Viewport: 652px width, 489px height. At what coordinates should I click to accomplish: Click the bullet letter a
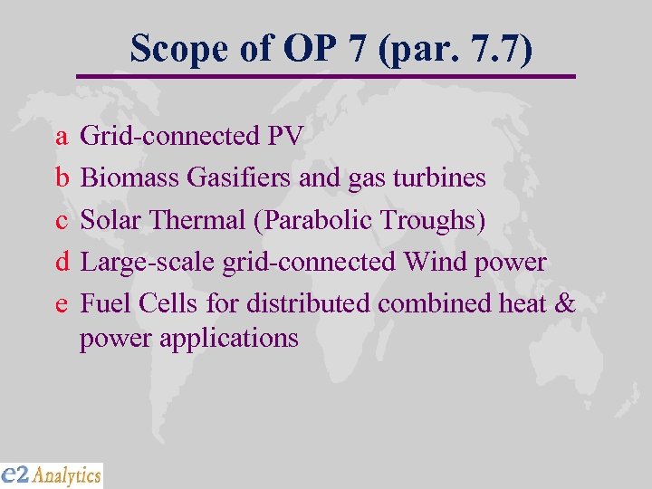tap(62, 137)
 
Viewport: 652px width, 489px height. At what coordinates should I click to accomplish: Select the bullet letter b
tap(62, 177)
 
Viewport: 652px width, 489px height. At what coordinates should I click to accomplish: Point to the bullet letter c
tap(62, 220)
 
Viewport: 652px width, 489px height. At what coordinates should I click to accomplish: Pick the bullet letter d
tap(62, 262)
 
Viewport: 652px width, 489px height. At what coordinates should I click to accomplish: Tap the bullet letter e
tap(62, 304)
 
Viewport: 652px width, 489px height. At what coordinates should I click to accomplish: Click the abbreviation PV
tap(285, 137)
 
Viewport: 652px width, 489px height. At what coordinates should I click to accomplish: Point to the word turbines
tap(443, 177)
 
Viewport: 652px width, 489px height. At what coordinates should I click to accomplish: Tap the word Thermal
tap(197, 220)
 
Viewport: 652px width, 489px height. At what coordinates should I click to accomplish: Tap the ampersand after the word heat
tap(564, 303)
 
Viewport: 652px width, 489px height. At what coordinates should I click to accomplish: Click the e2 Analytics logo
tap(52, 475)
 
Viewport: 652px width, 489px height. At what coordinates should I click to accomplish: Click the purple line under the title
tap(326, 76)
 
